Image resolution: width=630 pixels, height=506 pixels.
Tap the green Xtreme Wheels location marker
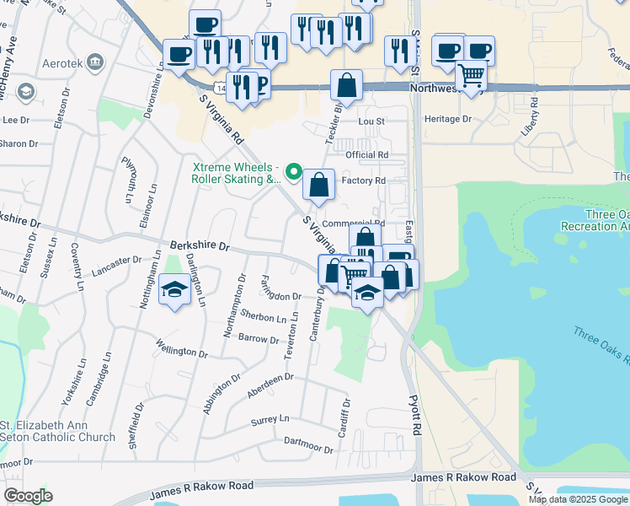[294, 173]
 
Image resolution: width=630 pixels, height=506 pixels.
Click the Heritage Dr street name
[449, 119]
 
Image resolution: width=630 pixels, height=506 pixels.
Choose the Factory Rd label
[363, 180]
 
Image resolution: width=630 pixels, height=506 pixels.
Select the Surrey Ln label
[270, 419]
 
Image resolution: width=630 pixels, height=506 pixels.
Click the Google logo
[28, 496]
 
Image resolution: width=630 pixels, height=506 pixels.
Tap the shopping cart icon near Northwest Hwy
[472, 75]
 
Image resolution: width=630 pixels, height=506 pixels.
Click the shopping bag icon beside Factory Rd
[319, 185]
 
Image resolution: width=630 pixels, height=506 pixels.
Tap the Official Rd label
[366, 155]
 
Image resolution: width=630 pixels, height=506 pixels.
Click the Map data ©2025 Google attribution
[578, 499]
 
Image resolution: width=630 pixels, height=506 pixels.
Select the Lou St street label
[371, 121]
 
